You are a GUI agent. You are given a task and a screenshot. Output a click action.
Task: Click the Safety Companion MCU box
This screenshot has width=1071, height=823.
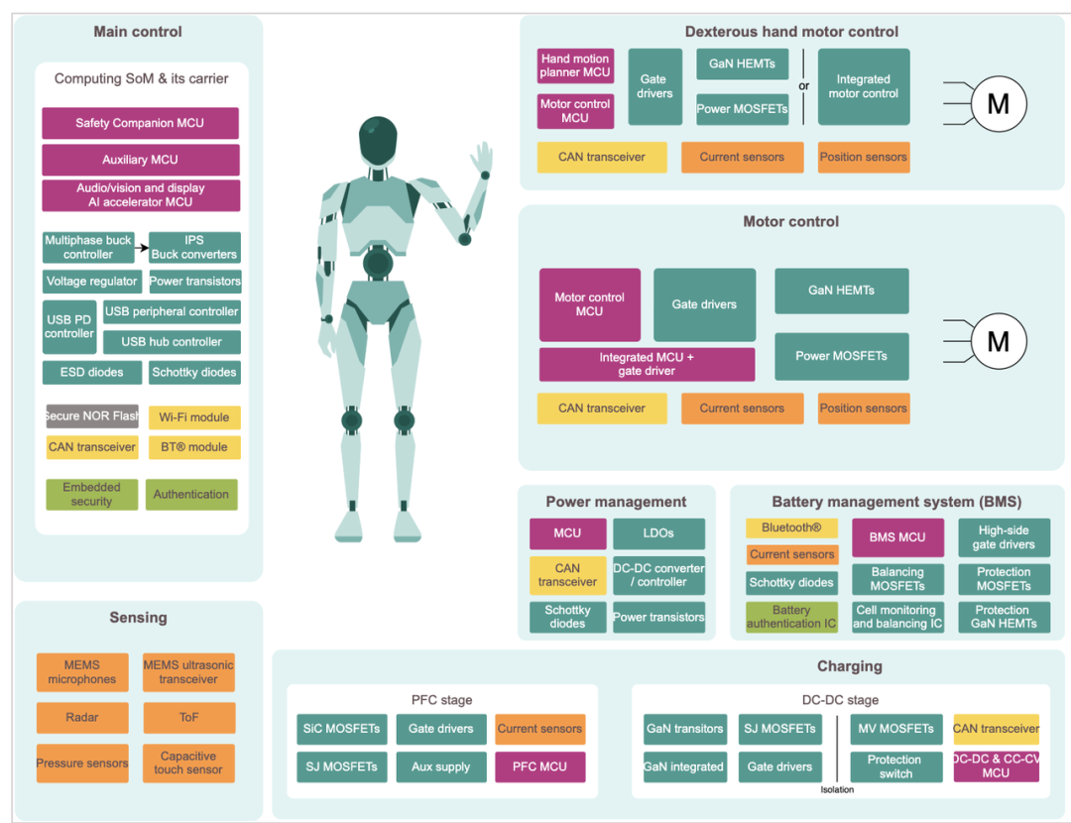pos(140,123)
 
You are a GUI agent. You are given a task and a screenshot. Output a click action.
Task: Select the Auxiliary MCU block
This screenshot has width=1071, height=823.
pos(140,160)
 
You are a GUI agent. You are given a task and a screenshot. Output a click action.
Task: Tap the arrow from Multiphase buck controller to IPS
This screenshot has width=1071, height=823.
pos(142,247)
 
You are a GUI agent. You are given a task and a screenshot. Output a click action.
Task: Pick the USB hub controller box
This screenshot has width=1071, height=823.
pos(172,342)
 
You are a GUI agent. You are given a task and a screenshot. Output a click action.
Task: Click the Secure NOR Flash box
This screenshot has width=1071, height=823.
pos(92,416)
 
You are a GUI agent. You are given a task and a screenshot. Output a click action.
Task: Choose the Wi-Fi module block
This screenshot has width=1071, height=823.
pos(194,417)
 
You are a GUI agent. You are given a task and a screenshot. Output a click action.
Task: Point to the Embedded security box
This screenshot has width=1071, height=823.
pos(91,494)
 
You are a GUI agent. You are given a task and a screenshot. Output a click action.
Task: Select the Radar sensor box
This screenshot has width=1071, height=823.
pos(82,717)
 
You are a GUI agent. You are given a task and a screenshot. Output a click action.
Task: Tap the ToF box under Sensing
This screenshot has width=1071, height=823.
pos(188,717)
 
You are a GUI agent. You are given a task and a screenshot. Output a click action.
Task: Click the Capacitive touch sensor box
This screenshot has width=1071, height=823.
pos(188,763)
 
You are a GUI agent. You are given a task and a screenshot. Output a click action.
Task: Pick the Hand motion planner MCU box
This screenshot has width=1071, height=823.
pos(575,66)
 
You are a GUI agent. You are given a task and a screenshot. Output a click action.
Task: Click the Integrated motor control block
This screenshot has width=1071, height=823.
pos(863,86)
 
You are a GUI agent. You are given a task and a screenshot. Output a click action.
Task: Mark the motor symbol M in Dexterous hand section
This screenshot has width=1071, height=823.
pos(998,103)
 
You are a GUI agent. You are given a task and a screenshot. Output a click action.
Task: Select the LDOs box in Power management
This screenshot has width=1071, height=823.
pos(658,533)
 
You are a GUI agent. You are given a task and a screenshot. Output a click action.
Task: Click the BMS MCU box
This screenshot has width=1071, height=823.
pos(897,537)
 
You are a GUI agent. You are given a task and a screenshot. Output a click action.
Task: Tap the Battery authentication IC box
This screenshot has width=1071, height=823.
pos(791,617)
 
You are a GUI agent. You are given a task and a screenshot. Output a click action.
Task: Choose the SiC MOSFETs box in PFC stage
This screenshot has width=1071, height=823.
pos(341,729)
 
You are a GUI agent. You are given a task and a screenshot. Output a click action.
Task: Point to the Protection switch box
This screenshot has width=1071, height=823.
pos(894,766)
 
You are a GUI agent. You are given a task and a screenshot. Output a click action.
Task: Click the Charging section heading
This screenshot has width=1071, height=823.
pos(849,666)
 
